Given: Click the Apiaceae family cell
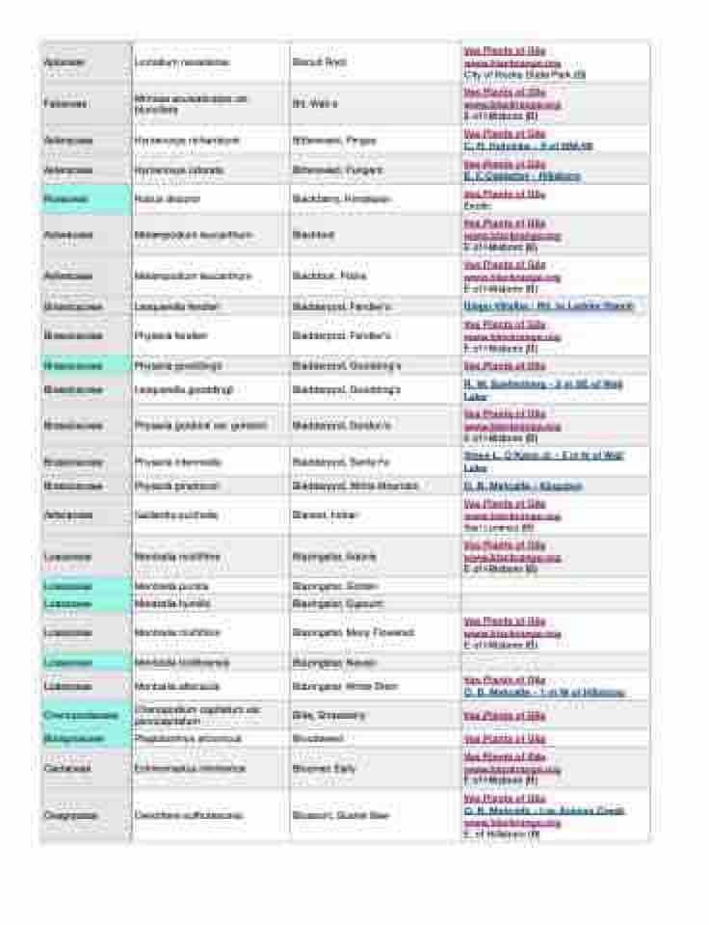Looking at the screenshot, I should [x=65, y=63].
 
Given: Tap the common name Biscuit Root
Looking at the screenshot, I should [x=319, y=63].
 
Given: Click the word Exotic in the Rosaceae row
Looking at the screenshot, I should [x=477, y=206].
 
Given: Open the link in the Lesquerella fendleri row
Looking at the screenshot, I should [x=548, y=306].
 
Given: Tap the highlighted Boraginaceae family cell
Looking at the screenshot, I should [x=74, y=739].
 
